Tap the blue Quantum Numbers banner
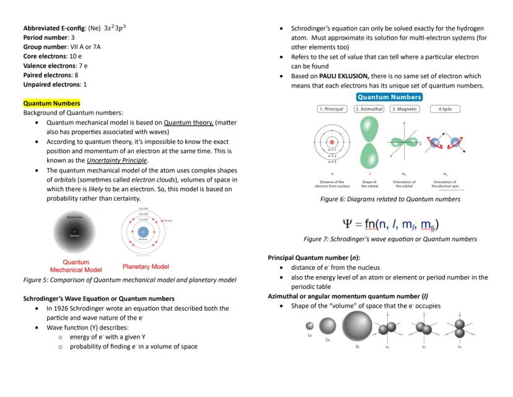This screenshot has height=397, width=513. coord(389,97)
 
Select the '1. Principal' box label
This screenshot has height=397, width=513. coord(331,109)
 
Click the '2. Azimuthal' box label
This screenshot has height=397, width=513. coord(369,109)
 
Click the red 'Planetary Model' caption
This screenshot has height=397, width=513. coord(146,267)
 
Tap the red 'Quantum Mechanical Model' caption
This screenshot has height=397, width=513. coord(76,266)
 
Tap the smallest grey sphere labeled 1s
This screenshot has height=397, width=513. coord(310,326)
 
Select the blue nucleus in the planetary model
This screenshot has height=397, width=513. coord(143,232)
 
